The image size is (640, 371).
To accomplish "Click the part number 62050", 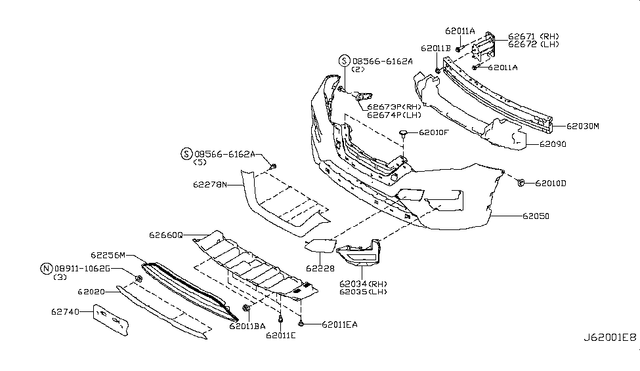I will point(536,215).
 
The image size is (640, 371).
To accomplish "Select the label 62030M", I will point(583,125).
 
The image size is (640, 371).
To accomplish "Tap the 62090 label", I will point(555,144).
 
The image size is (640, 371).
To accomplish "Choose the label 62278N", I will point(209,185).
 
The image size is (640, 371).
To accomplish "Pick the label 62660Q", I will point(165,235).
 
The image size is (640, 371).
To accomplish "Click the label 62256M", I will point(108,256).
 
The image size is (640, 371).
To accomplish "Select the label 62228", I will point(320,269).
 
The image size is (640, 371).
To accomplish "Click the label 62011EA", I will point(339,324).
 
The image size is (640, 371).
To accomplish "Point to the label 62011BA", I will point(247,325).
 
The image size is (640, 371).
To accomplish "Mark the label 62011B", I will point(436,49).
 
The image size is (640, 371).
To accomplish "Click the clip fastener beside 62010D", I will point(520,182).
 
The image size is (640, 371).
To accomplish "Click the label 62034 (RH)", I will point(364,284).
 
